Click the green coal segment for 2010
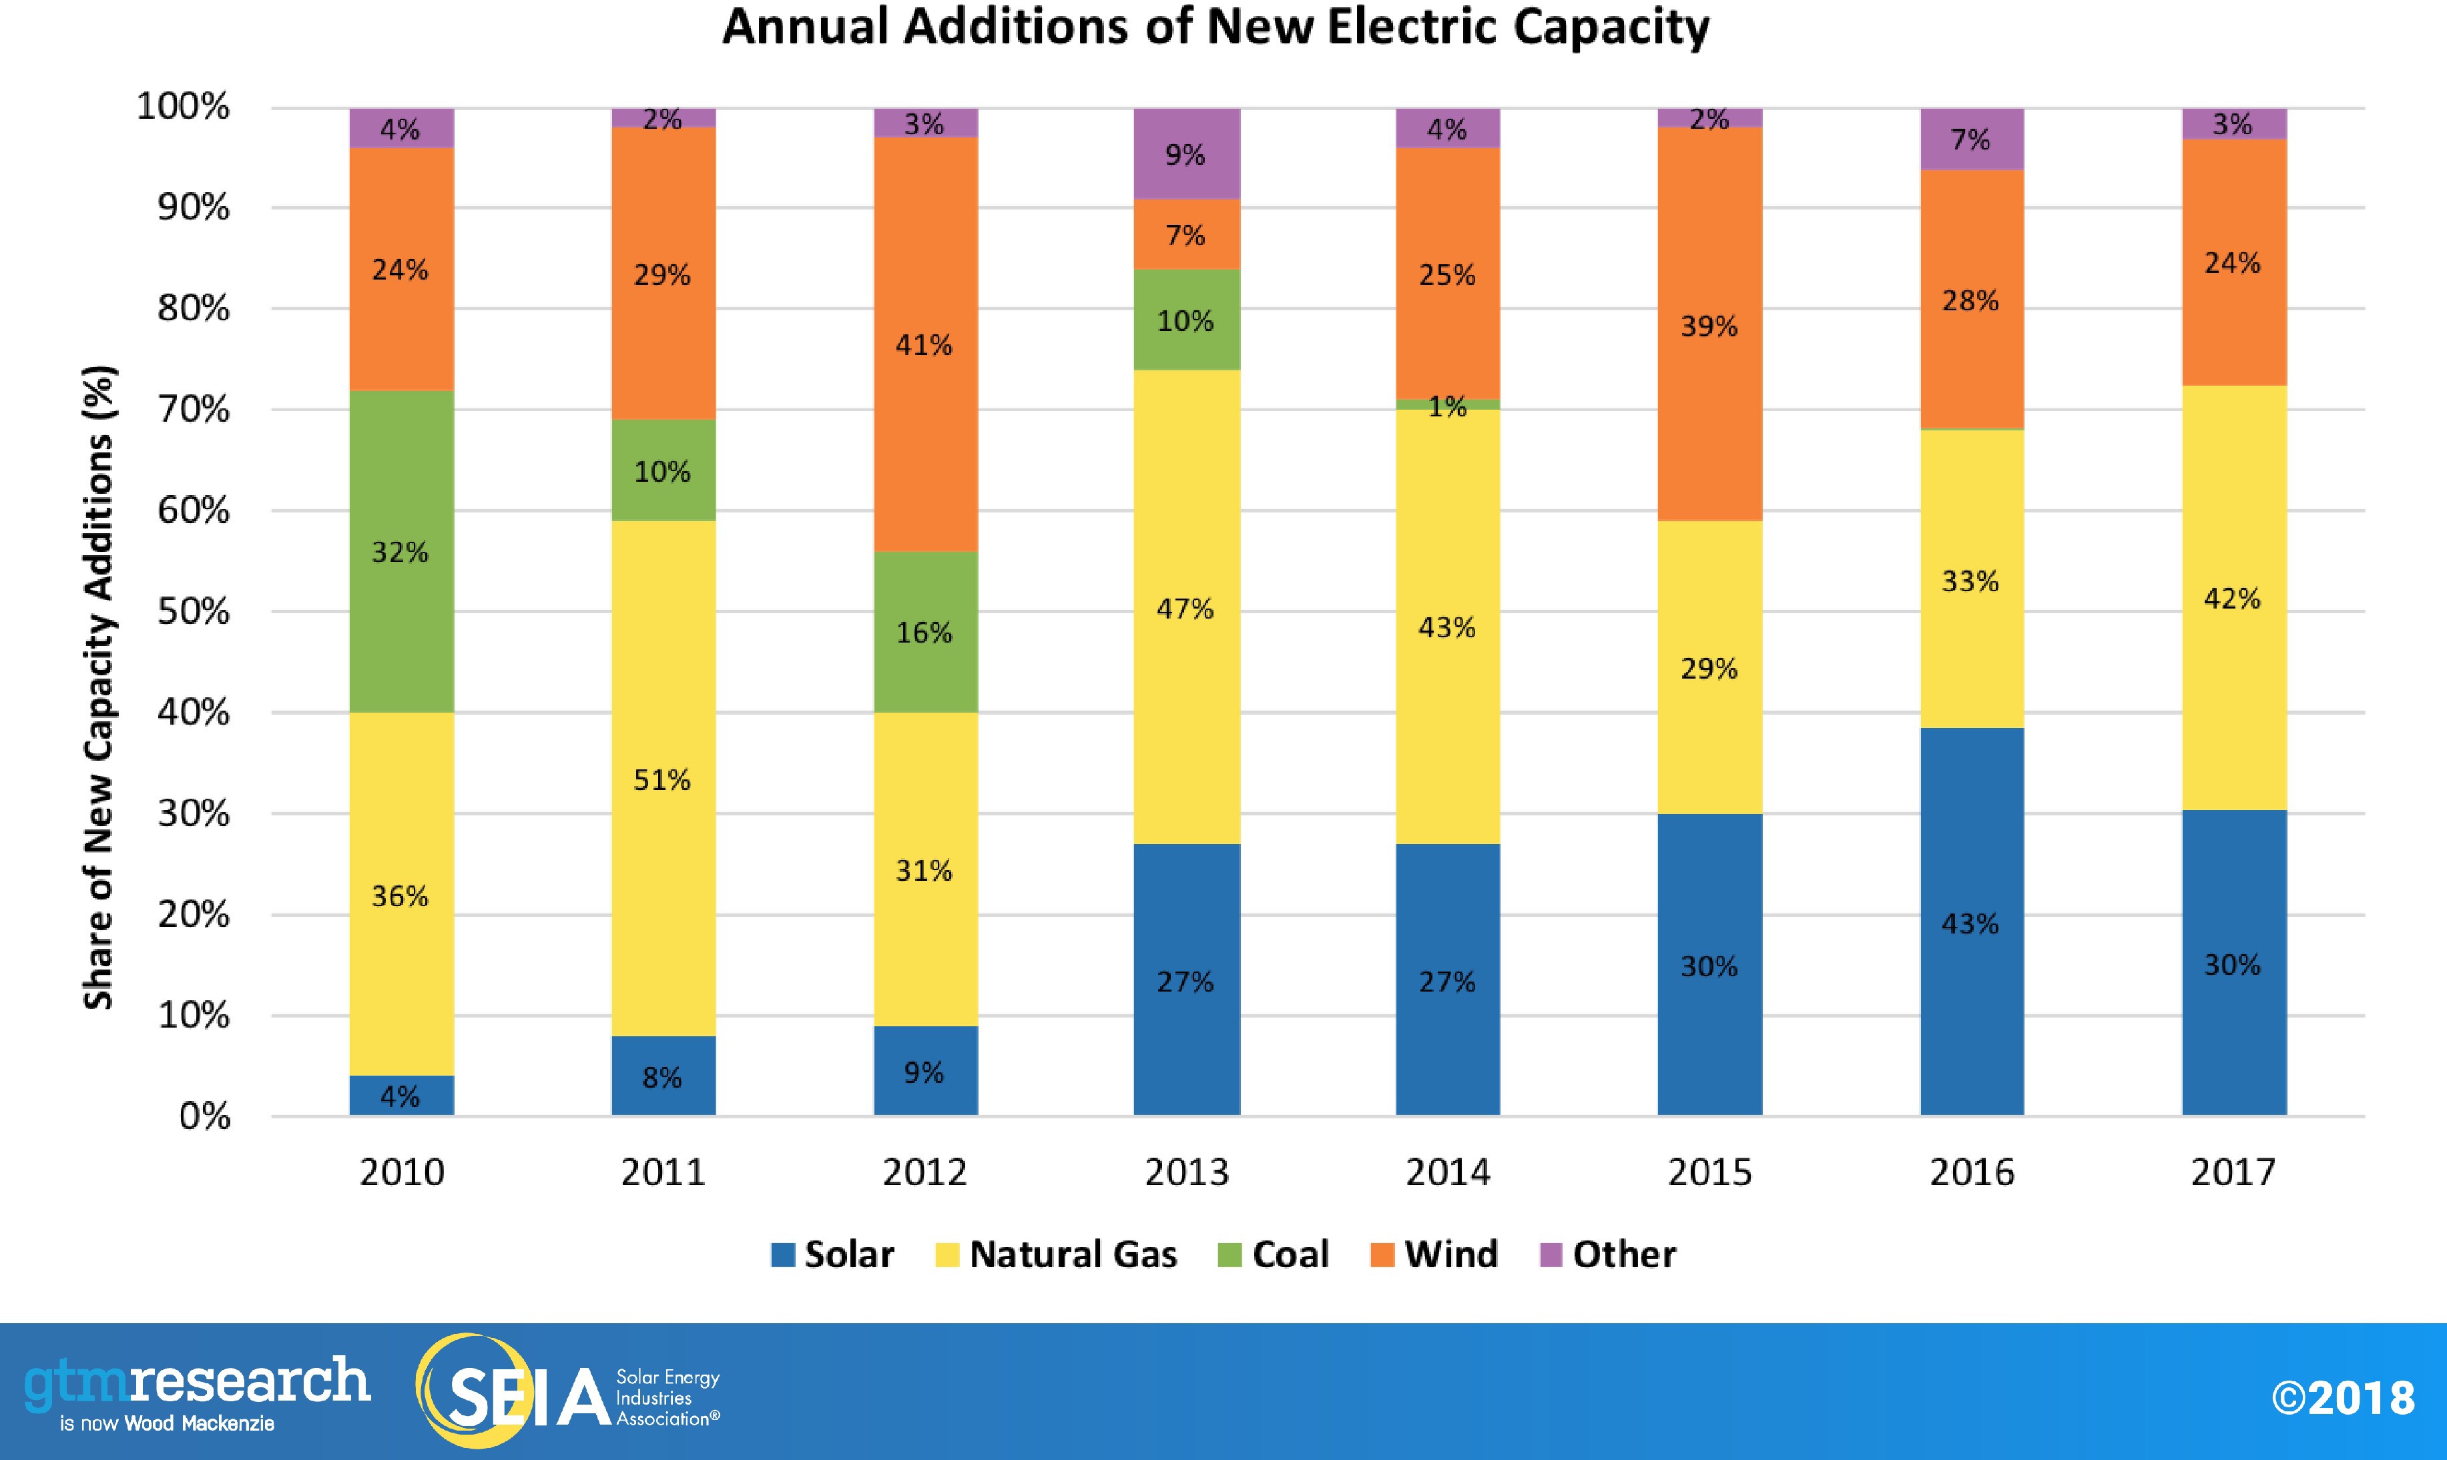pyautogui.click(x=401, y=551)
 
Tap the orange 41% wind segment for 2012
pyautogui.click(x=925, y=344)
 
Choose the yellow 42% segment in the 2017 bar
pyautogui.click(x=2233, y=597)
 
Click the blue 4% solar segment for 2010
pyautogui.click(x=401, y=1095)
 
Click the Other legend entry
pyautogui.click(x=1608, y=1254)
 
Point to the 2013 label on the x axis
pyautogui.click(x=1187, y=1172)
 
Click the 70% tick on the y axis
pyautogui.click(x=194, y=409)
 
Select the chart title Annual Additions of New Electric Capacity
pyautogui.click(x=1216, y=27)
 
